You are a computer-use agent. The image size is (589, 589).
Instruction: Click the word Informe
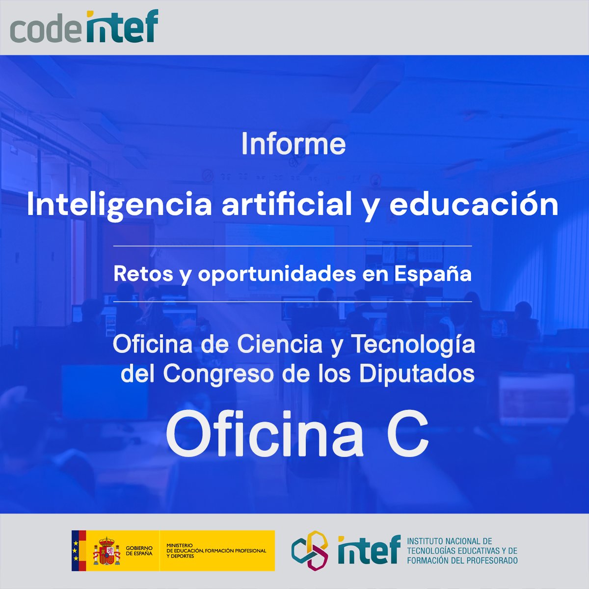[x=293, y=144]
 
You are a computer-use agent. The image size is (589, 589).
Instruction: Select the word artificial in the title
[x=286, y=205]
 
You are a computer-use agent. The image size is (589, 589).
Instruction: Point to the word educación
[x=474, y=205]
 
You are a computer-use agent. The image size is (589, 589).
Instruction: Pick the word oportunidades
[x=276, y=274]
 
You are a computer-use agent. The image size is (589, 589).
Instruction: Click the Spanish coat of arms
[x=107, y=551]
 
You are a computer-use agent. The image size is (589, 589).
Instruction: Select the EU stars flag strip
[x=76, y=551]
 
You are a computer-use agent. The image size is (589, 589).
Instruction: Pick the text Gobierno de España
[x=139, y=551]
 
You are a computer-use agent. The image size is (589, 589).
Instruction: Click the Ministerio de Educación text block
[x=216, y=551]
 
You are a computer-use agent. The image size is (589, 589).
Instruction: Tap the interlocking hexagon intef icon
[x=310, y=551]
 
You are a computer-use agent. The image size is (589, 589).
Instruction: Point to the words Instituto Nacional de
[x=449, y=541]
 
